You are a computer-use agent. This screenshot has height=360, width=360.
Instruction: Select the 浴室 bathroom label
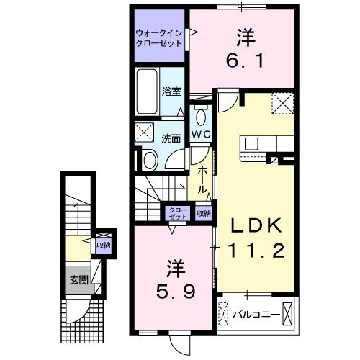(x=171, y=91)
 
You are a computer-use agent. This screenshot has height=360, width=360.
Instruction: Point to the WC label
(x=200, y=135)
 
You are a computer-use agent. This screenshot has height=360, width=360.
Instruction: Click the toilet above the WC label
(x=200, y=115)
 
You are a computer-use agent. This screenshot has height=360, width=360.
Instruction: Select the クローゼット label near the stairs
(x=177, y=212)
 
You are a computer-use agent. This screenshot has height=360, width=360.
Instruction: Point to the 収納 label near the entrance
(x=104, y=245)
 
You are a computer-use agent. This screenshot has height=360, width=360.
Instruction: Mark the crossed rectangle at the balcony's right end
(x=288, y=314)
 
